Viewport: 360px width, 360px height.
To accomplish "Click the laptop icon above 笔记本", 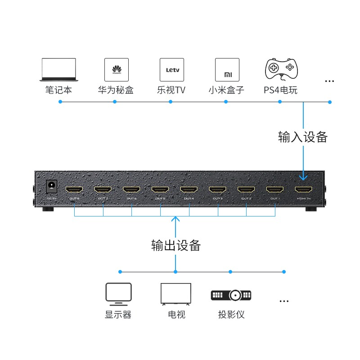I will click(58, 69).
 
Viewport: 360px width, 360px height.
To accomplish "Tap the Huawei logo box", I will click(117, 69).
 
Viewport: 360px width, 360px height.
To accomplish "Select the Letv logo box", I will click(172, 69).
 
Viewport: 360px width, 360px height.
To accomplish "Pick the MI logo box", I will click(227, 69).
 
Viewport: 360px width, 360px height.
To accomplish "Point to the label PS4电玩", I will click(280, 90).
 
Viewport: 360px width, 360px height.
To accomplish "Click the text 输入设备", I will click(303, 137).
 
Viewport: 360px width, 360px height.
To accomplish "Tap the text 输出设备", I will click(175, 245).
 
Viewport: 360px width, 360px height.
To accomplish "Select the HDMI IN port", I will click(304, 190).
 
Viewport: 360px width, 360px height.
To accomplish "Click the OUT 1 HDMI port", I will click(275, 190).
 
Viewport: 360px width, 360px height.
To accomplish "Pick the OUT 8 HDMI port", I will click(74, 190).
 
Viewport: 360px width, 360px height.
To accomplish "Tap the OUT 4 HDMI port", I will click(189, 190).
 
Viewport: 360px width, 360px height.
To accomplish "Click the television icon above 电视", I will click(176, 294).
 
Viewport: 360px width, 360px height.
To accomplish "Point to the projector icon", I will click(231, 295).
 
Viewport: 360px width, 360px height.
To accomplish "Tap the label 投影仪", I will click(231, 315).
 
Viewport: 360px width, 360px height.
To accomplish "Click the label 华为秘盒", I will click(116, 90).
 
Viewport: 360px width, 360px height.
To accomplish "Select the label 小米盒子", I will click(226, 90).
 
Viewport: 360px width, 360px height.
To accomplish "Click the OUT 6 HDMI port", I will click(131, 190).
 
